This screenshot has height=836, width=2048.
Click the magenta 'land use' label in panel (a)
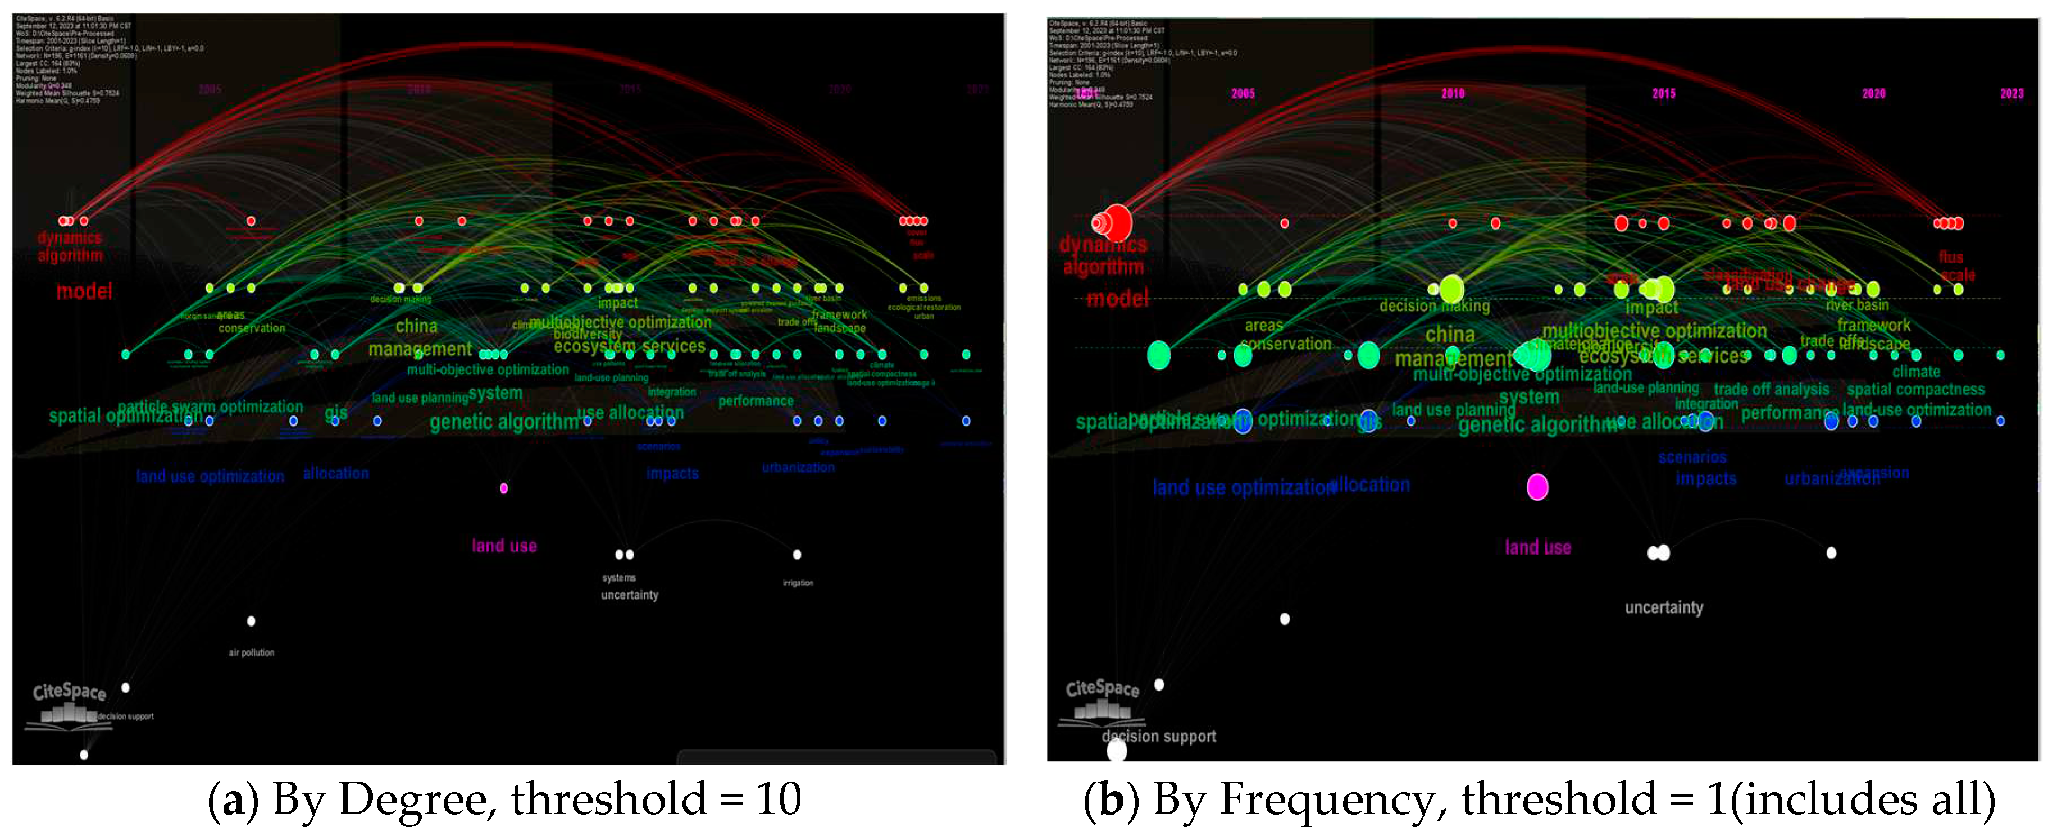click(x=504, y=546)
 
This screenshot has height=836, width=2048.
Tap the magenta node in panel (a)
click(x=503, y=488)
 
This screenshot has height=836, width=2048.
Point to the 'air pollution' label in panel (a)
click(x=251, y=652)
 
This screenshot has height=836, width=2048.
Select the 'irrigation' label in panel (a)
click(x=798, y=582)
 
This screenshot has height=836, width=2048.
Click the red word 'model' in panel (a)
click(x=84, y=291)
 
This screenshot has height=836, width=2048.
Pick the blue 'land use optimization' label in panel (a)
click(x=210, y=476)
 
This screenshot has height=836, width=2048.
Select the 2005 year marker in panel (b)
click(x=1243, y=94)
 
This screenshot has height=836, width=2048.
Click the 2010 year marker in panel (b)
click(x=1453, y=94)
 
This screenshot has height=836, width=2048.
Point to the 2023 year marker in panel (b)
click(x=2011, y=94)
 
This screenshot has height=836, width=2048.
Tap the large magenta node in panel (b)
click(x=1537, y=486)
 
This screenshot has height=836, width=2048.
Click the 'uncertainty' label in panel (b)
click(x=1664, y=608)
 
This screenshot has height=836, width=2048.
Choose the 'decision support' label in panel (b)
click(x=1159, y=737)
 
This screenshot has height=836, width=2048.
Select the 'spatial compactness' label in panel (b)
click(x=1915, y=390)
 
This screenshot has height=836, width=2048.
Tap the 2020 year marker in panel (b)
click(x=1873, y=94)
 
